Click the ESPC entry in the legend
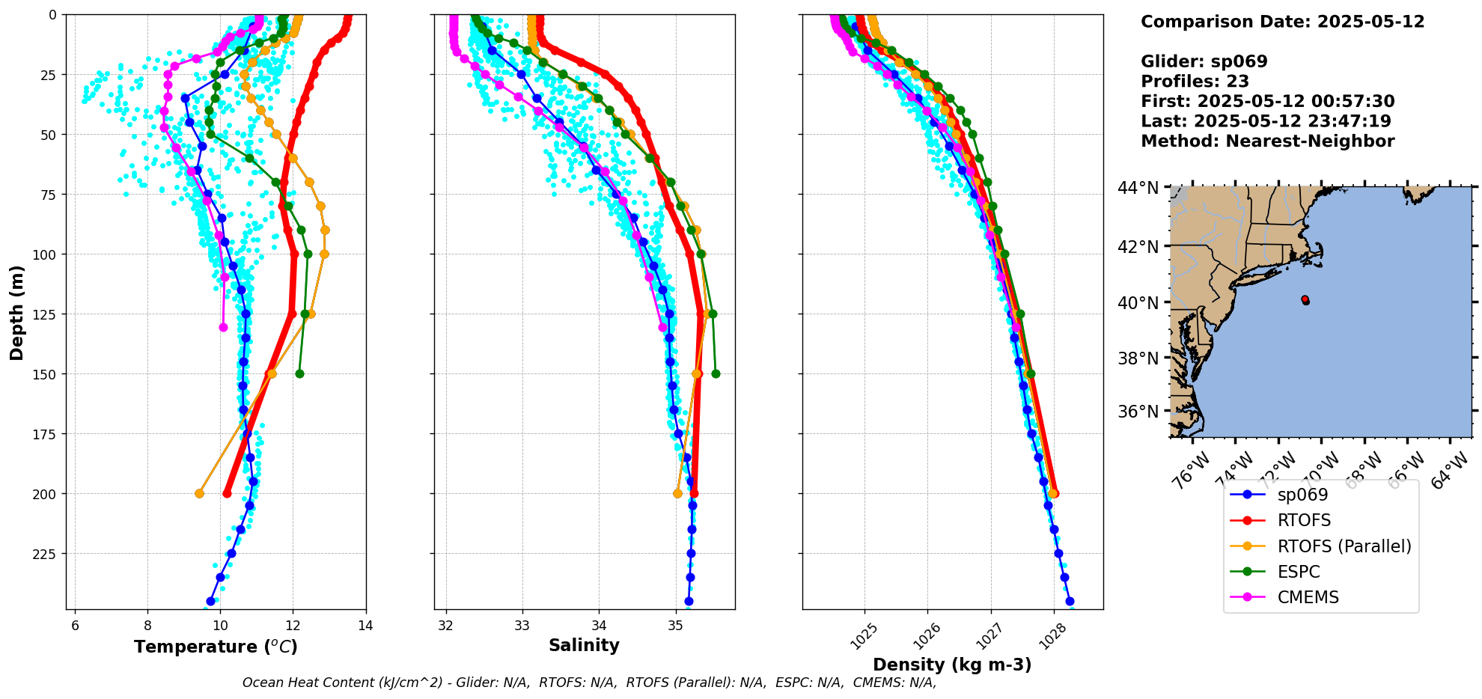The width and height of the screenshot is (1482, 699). [x=1299, y=572]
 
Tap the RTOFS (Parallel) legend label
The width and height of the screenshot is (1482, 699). [x=1344, y=546]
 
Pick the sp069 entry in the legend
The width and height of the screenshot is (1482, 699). [x=1302, y=495]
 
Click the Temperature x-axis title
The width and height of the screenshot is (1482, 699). [x=216, y=647]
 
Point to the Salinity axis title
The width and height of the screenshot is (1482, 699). [x=584, y=645]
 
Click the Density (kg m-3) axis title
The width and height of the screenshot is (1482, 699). [x=952, y=665]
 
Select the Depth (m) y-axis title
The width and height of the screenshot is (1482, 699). [x=16, y=313]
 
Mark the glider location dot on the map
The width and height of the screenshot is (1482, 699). [x=1305, y=300]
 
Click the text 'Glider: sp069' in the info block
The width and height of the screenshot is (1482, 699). [x=1204, y=61]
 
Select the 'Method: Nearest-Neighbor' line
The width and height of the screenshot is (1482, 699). [x=1267, y=141]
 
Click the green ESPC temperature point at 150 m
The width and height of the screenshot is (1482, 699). [x=299, y=373]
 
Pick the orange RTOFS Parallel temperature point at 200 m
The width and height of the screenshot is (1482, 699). [x=199, y=493]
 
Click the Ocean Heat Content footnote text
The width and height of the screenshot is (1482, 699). [x=589, y=683]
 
